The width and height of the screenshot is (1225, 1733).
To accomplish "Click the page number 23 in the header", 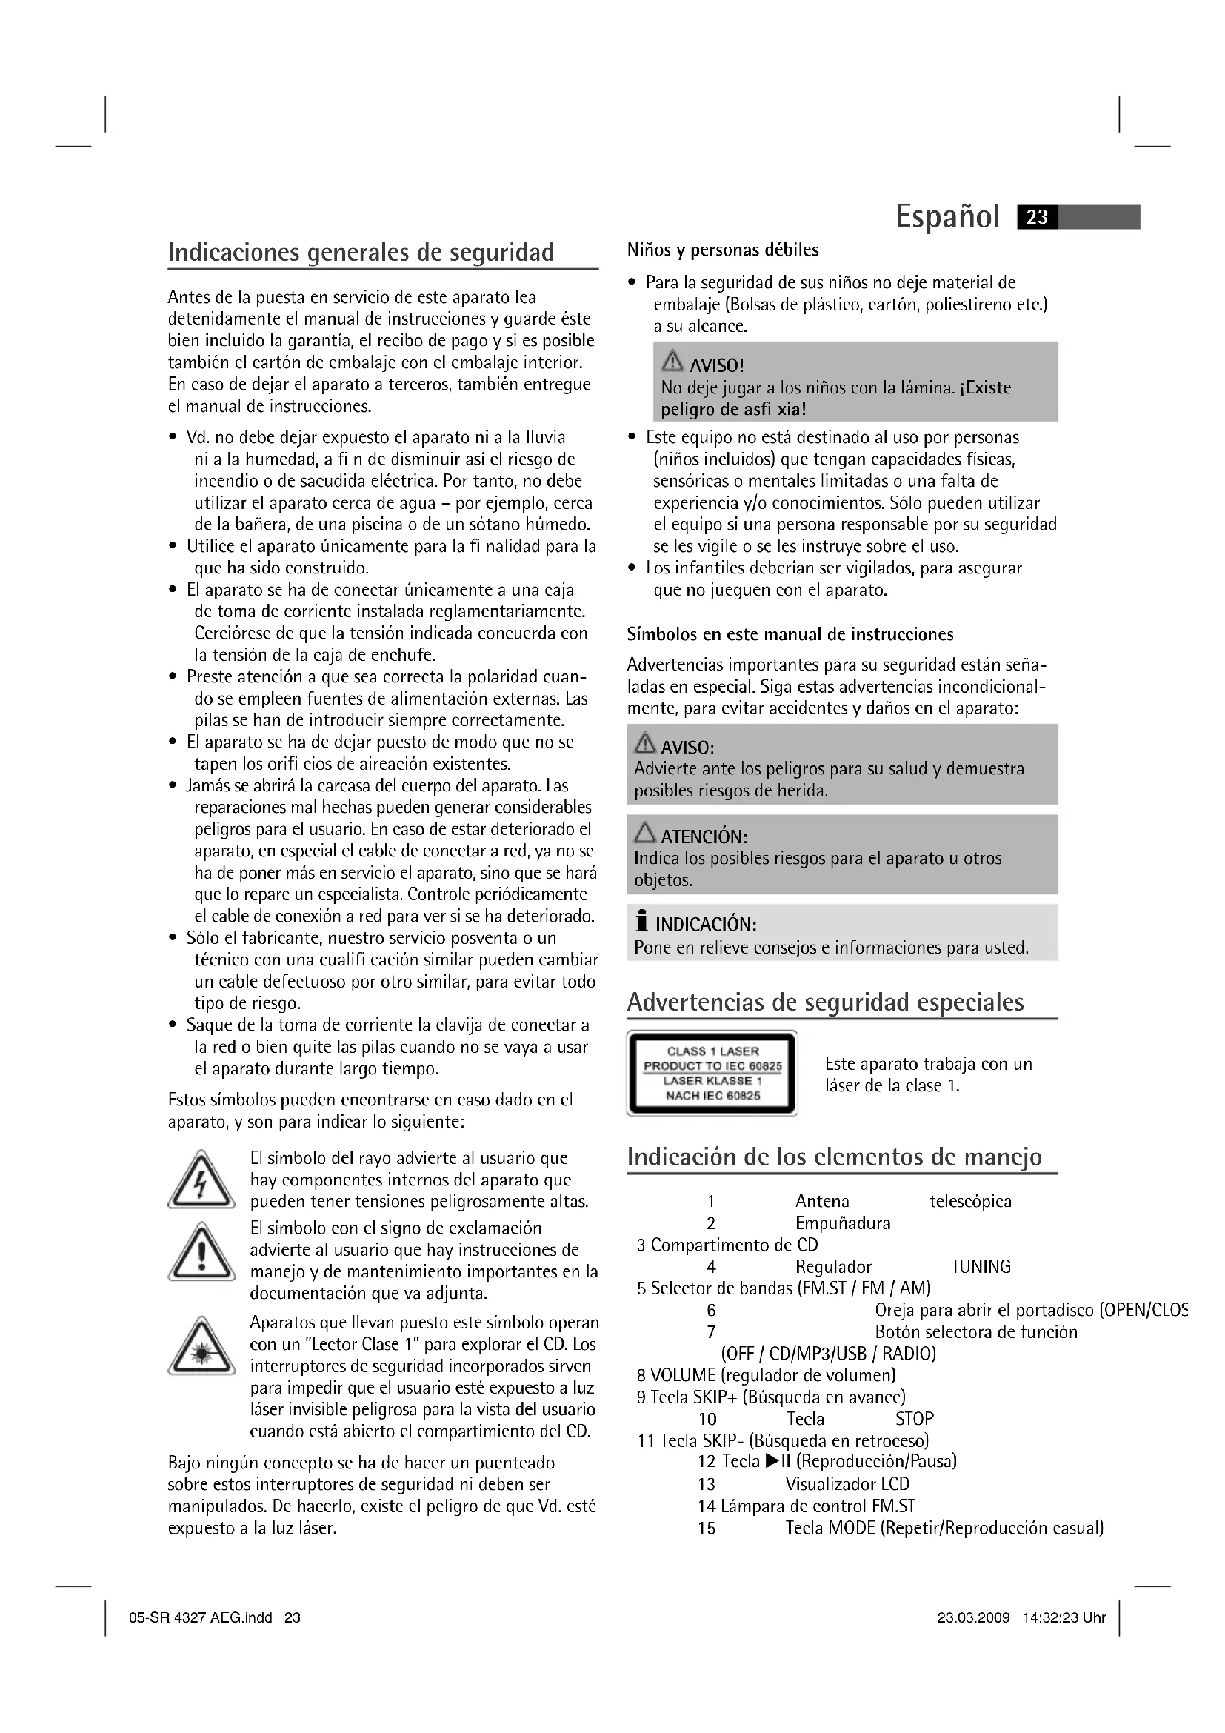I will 1037,217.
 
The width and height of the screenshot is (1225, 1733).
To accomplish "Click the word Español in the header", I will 947,217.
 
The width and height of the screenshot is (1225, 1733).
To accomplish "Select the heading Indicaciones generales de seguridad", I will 361,252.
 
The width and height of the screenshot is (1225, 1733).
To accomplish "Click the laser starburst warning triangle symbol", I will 201,1348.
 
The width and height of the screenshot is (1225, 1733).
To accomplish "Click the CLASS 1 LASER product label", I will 712,1073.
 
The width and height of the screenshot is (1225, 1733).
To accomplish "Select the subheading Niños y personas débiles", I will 723,250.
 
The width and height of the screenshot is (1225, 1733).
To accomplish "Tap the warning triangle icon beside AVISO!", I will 671,363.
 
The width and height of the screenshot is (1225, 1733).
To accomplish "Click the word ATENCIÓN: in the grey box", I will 704,837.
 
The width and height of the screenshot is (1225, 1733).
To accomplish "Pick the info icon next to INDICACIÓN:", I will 642,922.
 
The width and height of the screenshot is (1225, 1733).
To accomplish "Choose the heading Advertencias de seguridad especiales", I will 825,1002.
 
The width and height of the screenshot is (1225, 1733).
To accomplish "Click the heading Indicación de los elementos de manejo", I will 834,1157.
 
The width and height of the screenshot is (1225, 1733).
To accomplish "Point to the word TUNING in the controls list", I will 980,1266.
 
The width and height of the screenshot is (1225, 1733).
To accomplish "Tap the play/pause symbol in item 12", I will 777,1461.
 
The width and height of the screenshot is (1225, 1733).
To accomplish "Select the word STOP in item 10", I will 914,1418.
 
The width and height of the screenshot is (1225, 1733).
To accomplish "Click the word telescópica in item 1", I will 970,1202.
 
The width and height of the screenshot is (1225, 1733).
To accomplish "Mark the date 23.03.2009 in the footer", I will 973,1617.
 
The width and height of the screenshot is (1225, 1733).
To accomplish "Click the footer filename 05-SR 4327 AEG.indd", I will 201,1617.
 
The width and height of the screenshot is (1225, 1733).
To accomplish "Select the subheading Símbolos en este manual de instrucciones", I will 790,635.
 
